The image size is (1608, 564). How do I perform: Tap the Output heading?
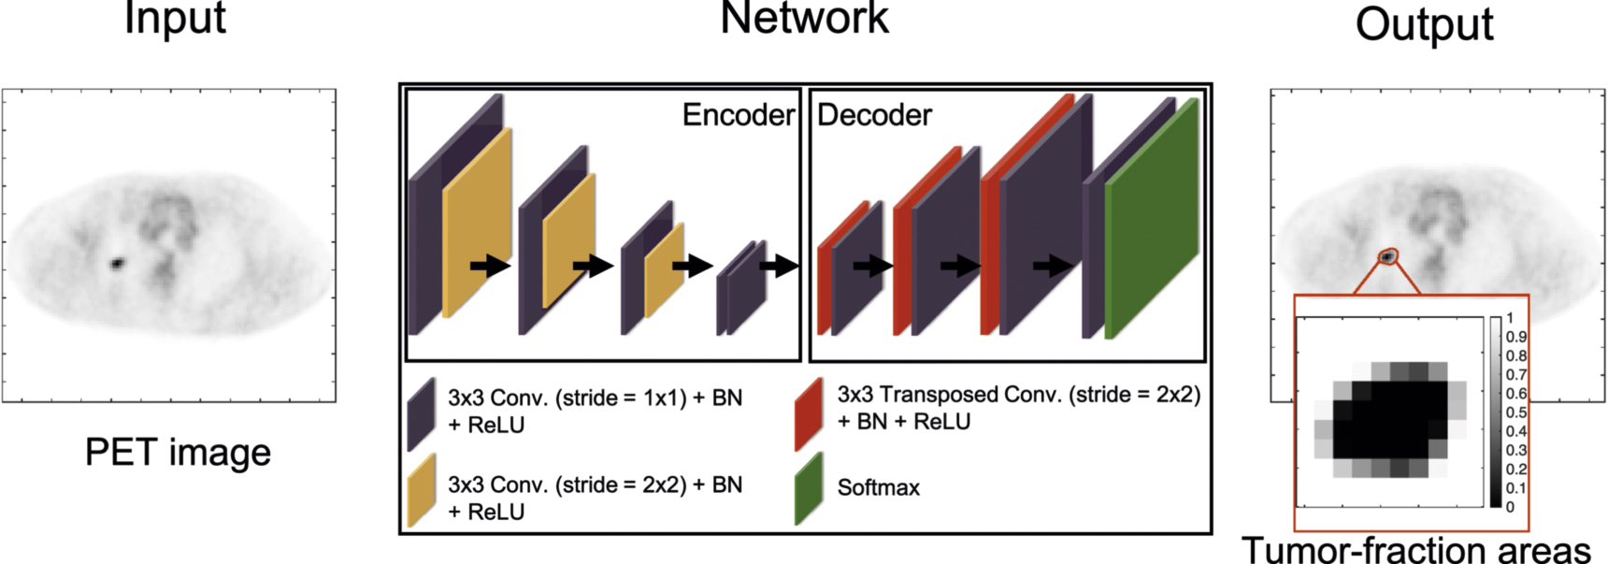click(x=1424, y=23)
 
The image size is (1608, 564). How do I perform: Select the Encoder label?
click(x=738, y=115)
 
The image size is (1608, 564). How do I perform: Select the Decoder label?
click(x=874, y=115)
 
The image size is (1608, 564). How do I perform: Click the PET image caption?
click(x=178, y=453)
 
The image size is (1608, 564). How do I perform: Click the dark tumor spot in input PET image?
click(x=118, y=264)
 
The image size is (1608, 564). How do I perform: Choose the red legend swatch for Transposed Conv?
click(x=809, y=412)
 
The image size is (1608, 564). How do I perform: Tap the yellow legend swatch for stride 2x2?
click(x=422, y=490)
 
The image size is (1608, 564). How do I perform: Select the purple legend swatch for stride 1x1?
click(x=422, y=412)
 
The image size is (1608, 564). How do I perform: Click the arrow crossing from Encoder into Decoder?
click(x=778, y=267)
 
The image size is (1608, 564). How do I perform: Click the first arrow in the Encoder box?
click(x=489, y=267)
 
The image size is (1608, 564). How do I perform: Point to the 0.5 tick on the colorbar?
click(x=1515, y=412)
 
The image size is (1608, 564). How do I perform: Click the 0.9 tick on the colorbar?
click(x=1515, y=337)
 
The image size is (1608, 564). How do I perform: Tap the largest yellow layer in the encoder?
click(x=477, y=224)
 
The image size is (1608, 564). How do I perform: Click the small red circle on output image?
click(x=1389, y=256)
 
